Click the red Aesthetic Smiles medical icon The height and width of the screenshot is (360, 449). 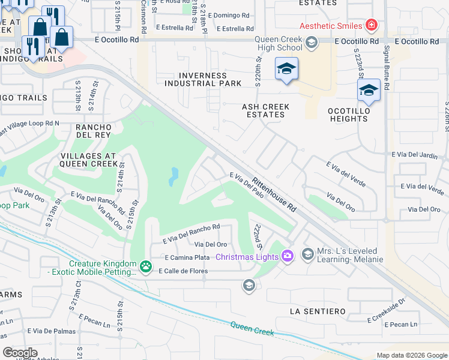point(372,26)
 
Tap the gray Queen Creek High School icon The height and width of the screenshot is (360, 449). point(311,42)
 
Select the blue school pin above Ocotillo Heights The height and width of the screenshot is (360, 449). point(369,91)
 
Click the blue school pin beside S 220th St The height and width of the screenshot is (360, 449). point(286,69)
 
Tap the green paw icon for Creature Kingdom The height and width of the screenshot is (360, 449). point(145,265)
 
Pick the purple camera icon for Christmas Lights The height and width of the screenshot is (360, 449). point(288,256)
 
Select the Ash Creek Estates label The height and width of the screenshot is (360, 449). point(265,111)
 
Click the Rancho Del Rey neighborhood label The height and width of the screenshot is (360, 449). point(93,131)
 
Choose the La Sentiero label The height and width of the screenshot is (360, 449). point(318,311)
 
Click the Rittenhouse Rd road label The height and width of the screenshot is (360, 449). point(274,194)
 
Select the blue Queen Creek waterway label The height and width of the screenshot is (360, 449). point(253,329)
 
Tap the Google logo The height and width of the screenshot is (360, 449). point(20,352)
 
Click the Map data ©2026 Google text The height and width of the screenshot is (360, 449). point(411,355)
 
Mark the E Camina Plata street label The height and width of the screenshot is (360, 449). point(187,257)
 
